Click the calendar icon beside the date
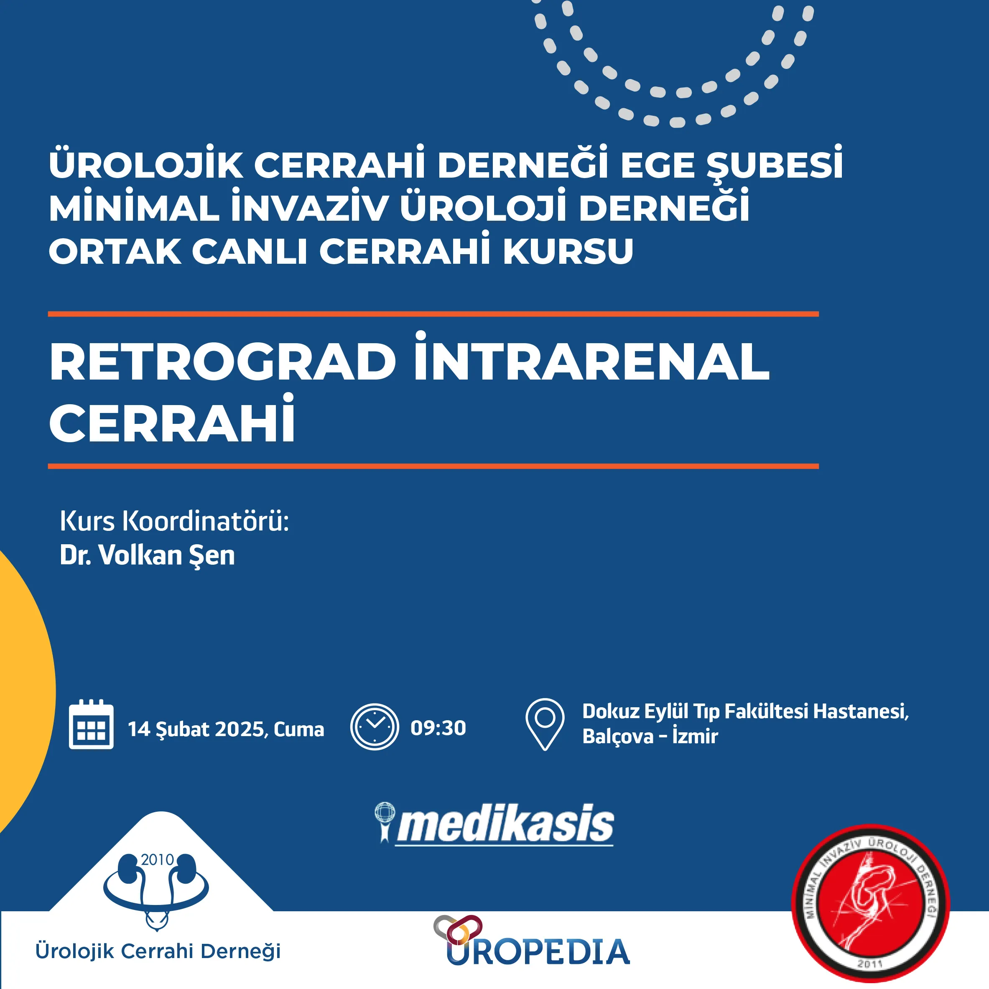point(91,725)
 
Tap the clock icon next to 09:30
point(374,727)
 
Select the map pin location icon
point(545,724)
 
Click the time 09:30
point(438,728)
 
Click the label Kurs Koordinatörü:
point(175,521)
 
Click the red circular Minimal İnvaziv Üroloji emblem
point(871,903)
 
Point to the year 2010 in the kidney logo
point(157,860)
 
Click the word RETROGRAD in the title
point(223,362)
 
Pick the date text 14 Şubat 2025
point(196,729)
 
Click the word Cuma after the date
point(299,729)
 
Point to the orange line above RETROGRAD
point(433,314)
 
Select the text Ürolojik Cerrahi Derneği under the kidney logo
point(158,951)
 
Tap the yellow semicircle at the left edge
point(25,691)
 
